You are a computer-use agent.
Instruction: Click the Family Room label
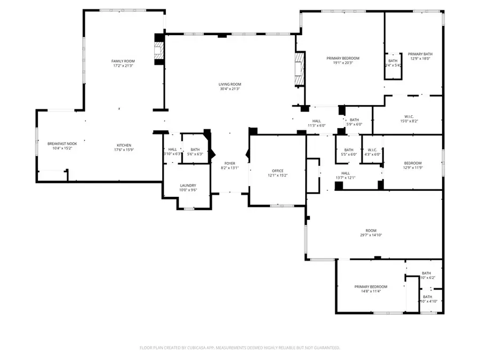coord(123,61)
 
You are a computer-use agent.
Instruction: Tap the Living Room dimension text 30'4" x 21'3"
coord(230,89)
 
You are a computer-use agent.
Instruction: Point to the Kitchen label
coord(124,146)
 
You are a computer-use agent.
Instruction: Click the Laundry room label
coord(187,186)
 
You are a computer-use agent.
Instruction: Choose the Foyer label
coord(230,163)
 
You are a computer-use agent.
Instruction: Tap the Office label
coord(277,170)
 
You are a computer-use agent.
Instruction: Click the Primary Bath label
coord(420,54)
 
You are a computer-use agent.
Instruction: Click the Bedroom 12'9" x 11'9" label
coord(412,163)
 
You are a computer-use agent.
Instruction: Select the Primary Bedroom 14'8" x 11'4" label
coord(371,287)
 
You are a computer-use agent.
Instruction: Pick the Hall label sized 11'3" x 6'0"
coord(316,121)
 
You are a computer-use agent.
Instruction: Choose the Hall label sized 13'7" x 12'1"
coord(346,173)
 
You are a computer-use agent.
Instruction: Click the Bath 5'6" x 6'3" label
coord(195,150)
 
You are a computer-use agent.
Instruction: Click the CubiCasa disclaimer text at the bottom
coord(239,348)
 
